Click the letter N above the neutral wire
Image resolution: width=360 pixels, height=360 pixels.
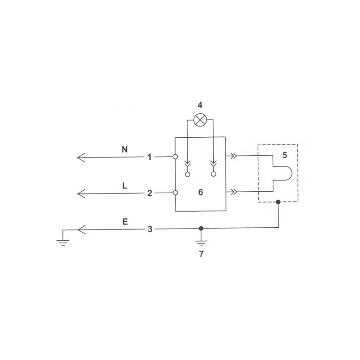pos(125,150)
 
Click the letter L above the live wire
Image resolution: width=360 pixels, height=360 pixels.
pos(125,185)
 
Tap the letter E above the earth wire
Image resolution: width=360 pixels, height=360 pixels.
pos(125,221)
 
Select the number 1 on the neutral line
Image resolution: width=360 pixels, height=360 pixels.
pos(149,157)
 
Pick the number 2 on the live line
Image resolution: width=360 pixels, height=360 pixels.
pos(150,193)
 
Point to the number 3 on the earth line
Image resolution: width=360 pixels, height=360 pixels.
pos(150,229)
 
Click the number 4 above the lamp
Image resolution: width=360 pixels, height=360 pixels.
pos(200,105)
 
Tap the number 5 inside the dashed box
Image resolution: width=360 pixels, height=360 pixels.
pos(285,155)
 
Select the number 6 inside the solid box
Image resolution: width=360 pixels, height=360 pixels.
pos(201,192)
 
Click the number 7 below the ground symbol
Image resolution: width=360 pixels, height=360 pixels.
pos(201,254)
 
